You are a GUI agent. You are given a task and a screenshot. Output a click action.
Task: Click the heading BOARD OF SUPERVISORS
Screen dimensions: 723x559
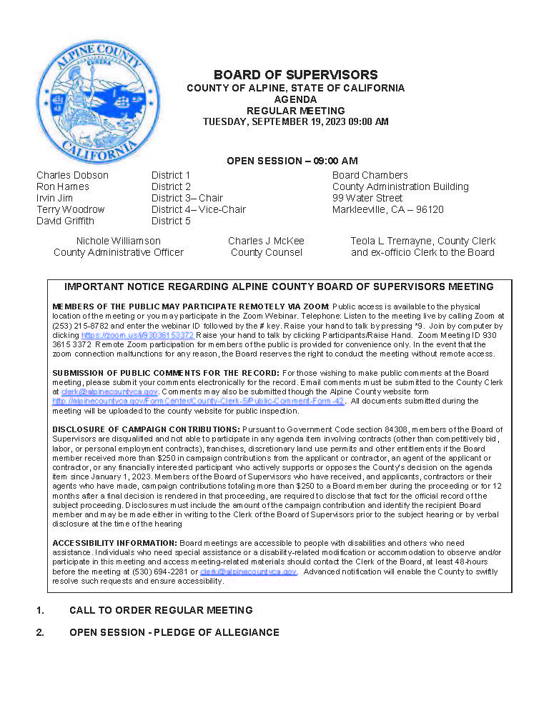[295, 75]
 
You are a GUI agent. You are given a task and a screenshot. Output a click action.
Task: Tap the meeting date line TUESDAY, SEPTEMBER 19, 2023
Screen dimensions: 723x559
[295, 122]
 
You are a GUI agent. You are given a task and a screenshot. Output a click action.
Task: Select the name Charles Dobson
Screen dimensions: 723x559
[72, 175]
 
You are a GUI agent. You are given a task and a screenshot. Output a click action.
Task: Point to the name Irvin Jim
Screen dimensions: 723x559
[54, 198]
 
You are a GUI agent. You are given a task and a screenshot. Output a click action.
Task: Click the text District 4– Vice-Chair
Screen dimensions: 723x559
[198, 209]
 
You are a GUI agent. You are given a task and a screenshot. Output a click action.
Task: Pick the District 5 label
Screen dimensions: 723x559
[171, 221]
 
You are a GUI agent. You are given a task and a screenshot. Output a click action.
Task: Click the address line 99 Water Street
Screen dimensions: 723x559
[367, 198]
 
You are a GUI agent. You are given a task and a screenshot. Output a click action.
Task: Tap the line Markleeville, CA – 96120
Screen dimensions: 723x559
[387, 209]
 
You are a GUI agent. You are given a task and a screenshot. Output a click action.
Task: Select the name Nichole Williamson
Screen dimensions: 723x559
[118, 241]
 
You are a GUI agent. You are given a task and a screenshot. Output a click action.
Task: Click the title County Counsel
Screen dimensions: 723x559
[266, 252]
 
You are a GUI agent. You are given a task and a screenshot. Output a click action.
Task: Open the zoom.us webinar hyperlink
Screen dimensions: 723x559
[137, 335]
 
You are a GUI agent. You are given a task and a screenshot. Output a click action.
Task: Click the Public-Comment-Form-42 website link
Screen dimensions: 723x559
[199, 402]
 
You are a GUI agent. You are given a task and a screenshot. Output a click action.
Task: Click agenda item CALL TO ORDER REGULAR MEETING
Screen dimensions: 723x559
[161, 610]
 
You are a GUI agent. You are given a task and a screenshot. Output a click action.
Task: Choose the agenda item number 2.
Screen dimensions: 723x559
[40, 632]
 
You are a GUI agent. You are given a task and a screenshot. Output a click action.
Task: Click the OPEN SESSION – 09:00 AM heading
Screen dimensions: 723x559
[292, 161]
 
